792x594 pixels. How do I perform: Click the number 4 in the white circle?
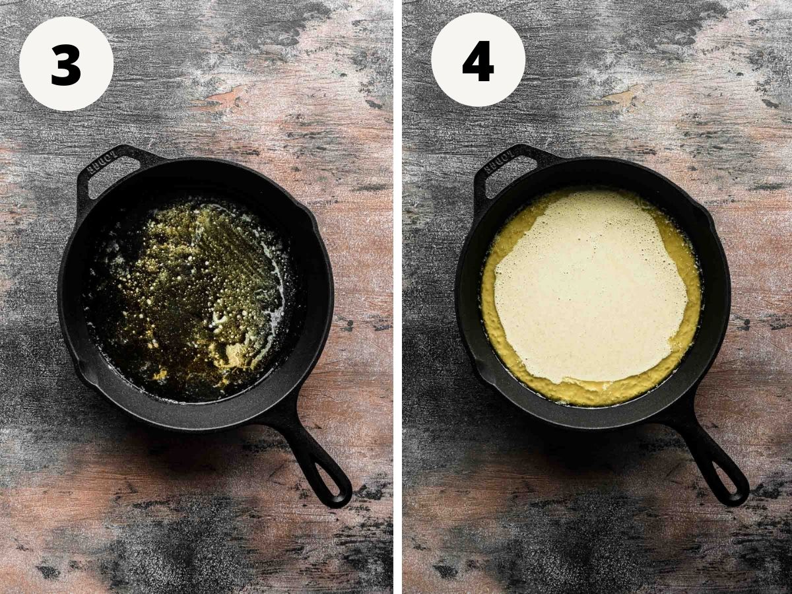(x=478, y=61)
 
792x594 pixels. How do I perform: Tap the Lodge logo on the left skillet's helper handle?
(x=98, y=162)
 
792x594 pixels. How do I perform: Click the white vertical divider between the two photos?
(x=397, y=297)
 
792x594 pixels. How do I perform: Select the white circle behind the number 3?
(x=66, y=63)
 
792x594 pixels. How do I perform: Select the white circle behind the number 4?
(x=478, y=59)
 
